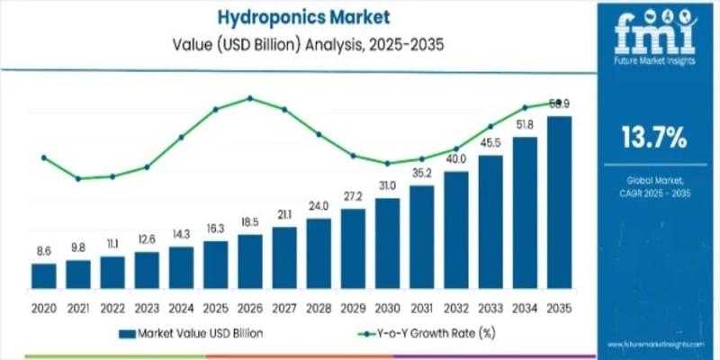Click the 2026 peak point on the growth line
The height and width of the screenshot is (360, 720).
point(250,98)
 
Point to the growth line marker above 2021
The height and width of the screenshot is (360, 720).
point(78,178)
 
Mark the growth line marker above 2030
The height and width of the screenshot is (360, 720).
point(387,164)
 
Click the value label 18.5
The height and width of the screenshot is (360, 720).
point(250,221)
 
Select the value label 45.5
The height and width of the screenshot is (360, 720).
point(490,142)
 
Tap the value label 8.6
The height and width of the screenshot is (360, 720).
point(43,250)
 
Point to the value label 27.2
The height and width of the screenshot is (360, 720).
point(353,195)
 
